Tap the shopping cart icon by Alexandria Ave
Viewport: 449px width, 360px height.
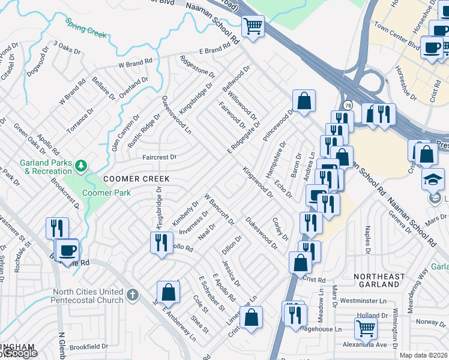click(x=366, y=328)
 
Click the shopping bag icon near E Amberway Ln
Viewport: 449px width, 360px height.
click(x=169, y=292)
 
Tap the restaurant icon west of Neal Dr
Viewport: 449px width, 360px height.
click(x=161, y=242)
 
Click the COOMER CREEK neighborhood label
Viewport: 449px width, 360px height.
click(x=136, y=179)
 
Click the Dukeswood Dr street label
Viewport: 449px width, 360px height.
click(x=261, y=233)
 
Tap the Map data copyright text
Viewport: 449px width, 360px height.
click(x=423, y=355)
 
